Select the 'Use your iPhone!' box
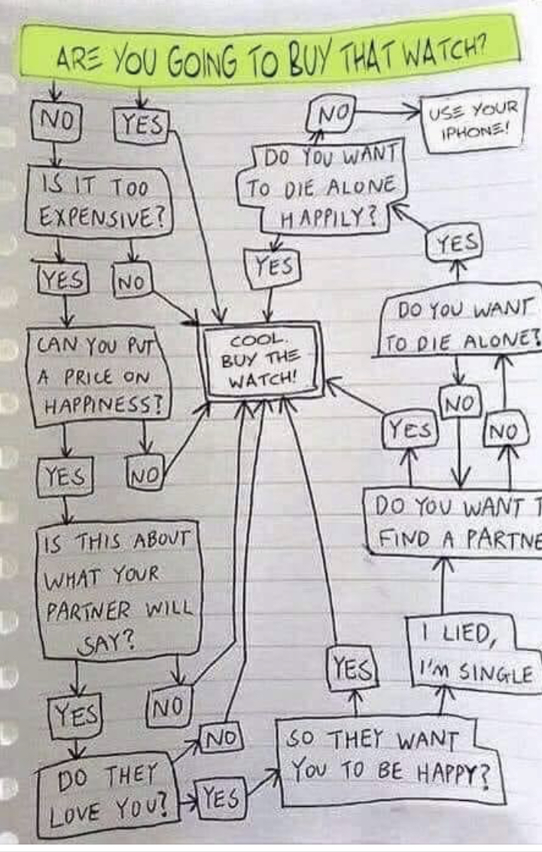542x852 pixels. point(473,120)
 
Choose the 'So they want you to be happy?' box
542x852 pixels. point(388,761)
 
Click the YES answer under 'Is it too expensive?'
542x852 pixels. point(63,281)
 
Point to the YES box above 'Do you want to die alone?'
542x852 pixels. point(457,243)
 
